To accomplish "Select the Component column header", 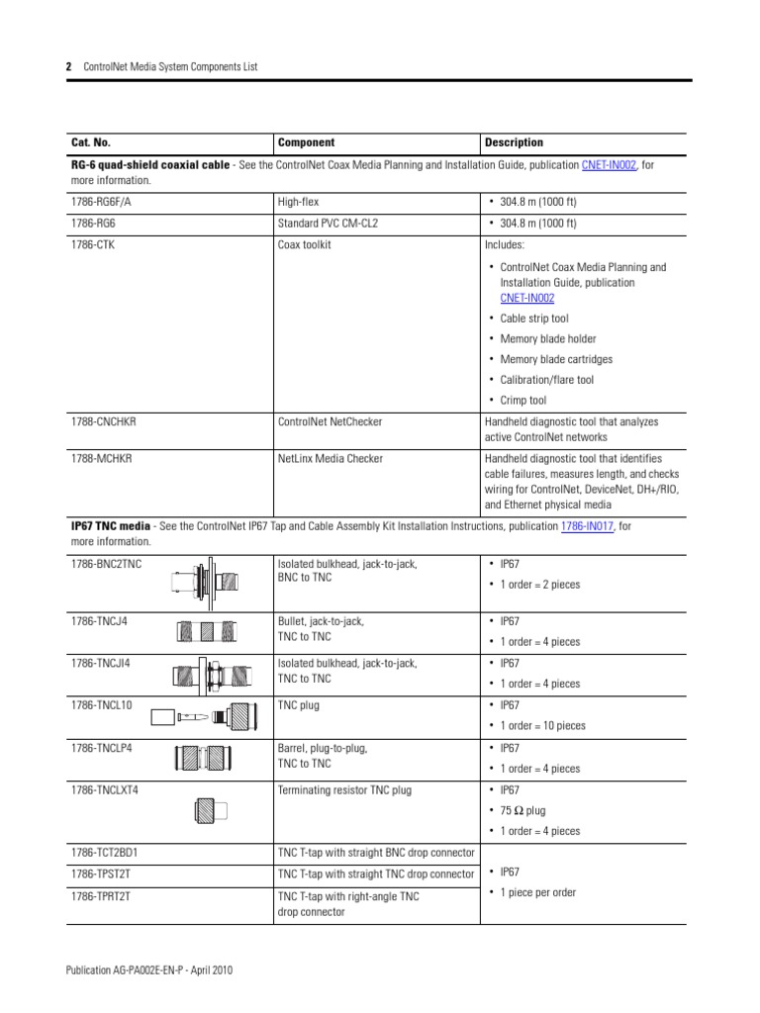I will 306,142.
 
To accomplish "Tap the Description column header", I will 514,142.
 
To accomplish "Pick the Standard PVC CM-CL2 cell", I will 328,224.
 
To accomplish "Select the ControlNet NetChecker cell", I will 330,421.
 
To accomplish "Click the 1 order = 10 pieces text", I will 542,725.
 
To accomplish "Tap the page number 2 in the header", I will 69,66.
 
